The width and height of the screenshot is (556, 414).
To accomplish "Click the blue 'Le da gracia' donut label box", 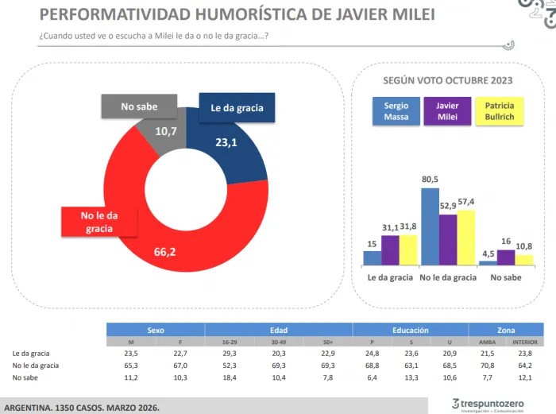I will [x=237, y=108].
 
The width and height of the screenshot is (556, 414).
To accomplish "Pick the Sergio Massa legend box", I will [x=396, y=112].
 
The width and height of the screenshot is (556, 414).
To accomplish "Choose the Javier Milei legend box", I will [x=447, y=112].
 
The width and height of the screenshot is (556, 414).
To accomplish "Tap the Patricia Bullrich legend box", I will [x=499, y=112].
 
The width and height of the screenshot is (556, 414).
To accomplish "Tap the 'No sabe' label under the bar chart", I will [x=505, y=277].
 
